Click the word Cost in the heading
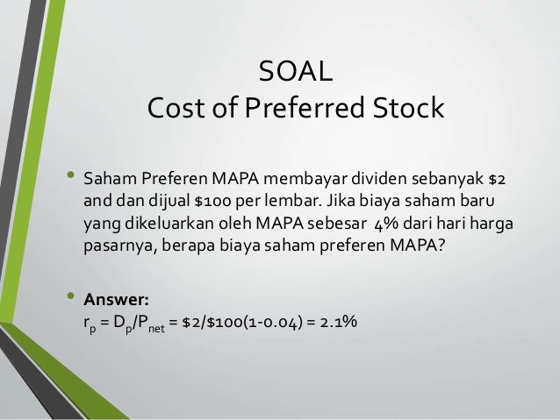click(x=176, y=110)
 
